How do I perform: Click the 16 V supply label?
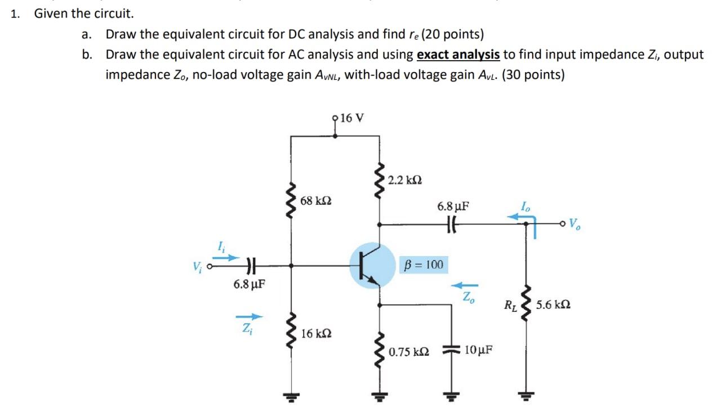(353, 118)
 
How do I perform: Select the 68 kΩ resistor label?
(316, 200)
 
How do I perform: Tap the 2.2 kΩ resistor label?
(404, 180)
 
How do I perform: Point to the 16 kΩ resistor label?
(316, 333)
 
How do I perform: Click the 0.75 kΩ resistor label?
(408, 352)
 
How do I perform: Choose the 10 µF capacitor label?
(478, 350)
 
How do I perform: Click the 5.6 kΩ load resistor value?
(553, 305)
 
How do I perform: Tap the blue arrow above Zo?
(467, 284)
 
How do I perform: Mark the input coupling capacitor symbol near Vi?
(251, 265)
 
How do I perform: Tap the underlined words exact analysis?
(458, 54)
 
